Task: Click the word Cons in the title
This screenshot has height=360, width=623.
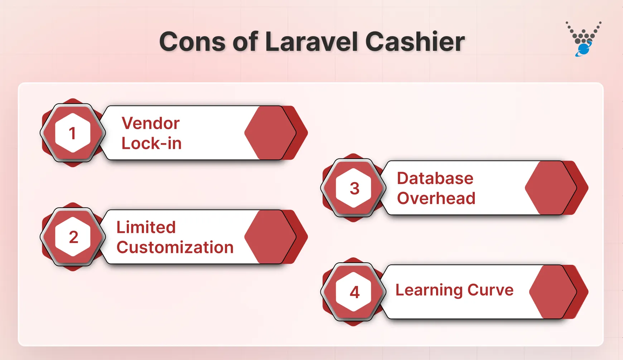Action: (x=193, y=42)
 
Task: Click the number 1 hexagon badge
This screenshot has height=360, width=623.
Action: (x=73, y=133)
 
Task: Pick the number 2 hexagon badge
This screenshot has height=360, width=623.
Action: (x=73, y=237)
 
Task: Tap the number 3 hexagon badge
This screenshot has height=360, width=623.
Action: (x=354, y=188)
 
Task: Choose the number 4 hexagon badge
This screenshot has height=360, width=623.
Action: (x=354, y=292)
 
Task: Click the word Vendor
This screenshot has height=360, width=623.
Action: (x=150, y=123)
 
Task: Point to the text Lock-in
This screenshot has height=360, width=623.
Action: (x=151, y=143)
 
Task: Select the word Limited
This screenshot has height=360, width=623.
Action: (x=146, y=227)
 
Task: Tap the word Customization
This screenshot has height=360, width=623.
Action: (x=175, y=247)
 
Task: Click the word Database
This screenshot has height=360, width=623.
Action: (x=435, y=178)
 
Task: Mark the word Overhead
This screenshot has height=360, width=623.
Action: (x=436, y=198)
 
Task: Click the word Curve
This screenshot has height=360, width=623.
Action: (x=491, y=290)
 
